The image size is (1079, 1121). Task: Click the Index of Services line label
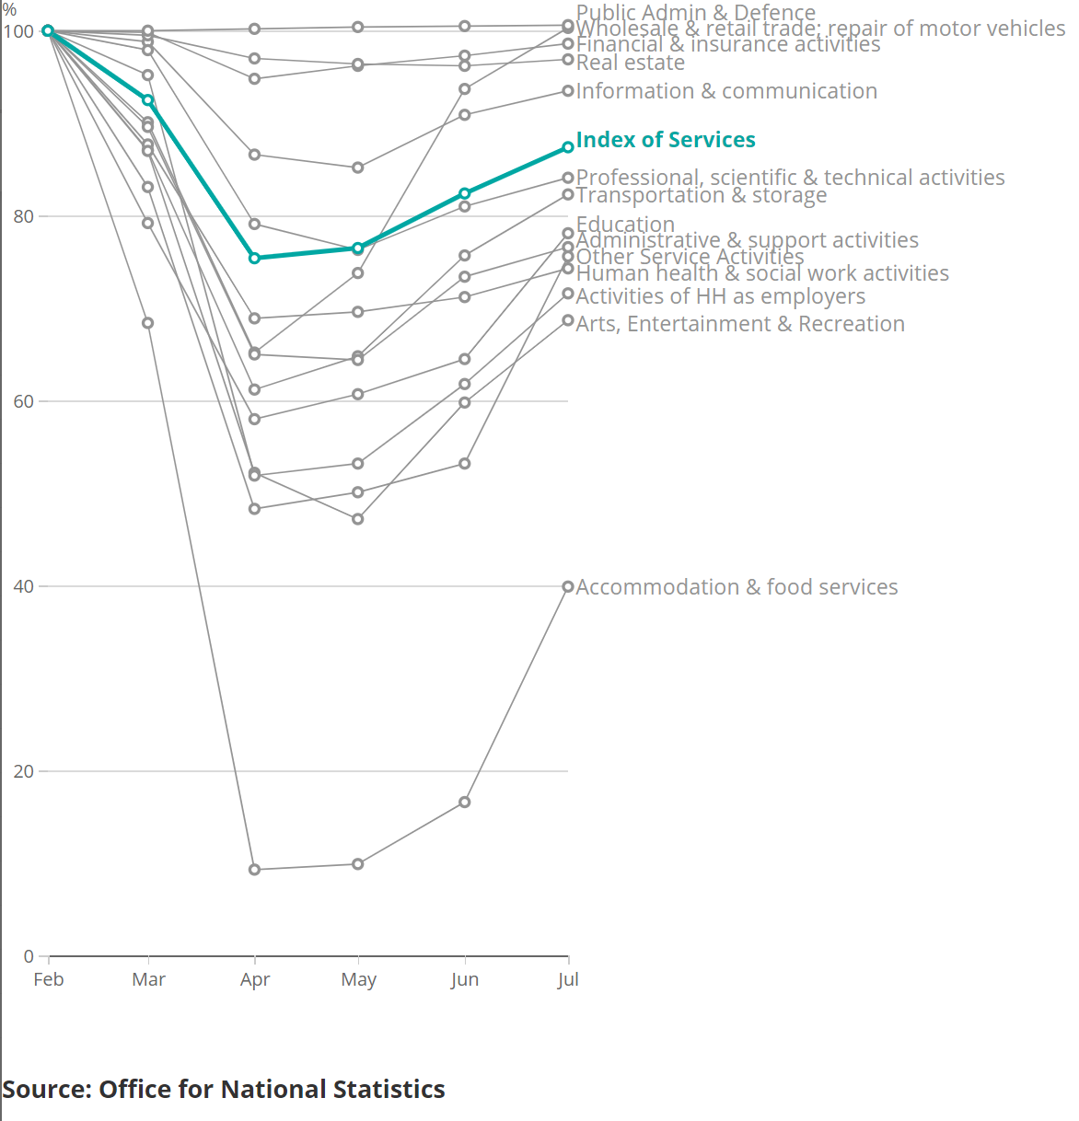pyautogui.click(x=665, y=140)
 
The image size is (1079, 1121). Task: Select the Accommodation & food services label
pyautogui.click(x=737, y=587)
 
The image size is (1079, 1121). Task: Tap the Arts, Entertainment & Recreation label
pyautogui.click(x=740, y=324)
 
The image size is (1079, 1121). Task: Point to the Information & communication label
pyautogui.click(x=726, y=91)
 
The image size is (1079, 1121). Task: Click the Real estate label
pyautogui.click(x=631, y=63)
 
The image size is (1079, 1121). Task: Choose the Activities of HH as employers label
pyautogui.click(x=721, y=296)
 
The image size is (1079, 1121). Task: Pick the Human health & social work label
pyautogui.click(x=762, y=273)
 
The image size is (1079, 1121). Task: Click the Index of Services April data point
pyautogui.click(x=255, y=259)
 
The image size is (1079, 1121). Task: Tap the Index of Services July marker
pyautogui.click(x=568, y=147)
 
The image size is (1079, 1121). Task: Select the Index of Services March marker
pyautogui.click(x=148, y=99)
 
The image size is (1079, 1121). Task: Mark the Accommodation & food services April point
pyautogui.click(x=255, y=870)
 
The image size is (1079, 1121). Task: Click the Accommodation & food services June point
pyautogui.click(x=465, y=803)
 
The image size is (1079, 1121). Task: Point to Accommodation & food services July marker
pyautogui.click(x=568, y=586)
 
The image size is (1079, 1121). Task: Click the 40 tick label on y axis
pyautogui.click(x=24, y=586)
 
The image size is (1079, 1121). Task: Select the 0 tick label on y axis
pyautogui.click(x=29, y=956)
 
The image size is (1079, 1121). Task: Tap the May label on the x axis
pyautogui.click(x=358, y=979)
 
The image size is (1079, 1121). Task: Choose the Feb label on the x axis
pyautogui.click(x=49, y=979)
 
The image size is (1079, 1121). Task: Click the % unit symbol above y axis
pyautogui.click(x=9, y=10)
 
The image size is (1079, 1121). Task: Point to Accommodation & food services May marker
pyautogui.click(x=358, y=864)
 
